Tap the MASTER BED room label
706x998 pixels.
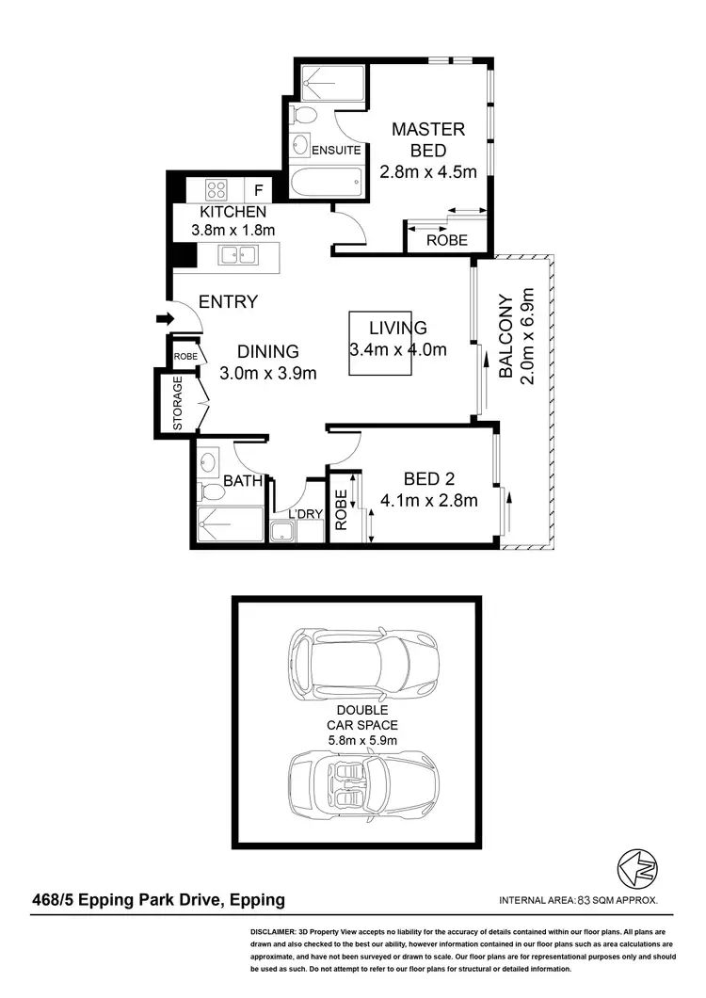[428, 139]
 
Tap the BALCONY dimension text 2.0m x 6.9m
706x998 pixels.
[528, 337]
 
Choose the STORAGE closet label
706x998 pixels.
[178, 404]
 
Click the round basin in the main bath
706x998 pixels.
[209, 461]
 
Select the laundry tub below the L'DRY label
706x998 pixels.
[282, 532]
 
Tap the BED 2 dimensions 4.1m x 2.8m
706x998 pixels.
[429, 500]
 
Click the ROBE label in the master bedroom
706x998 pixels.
[447, 240]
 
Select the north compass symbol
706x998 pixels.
[635, 867]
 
